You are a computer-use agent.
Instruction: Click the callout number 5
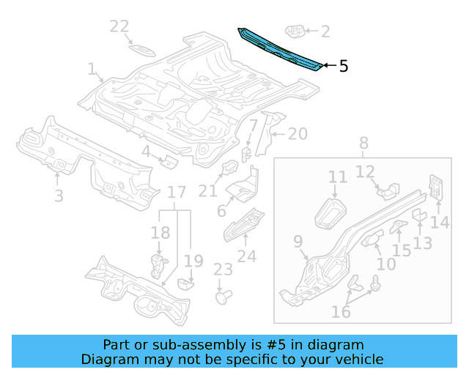343,67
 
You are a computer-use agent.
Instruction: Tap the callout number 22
119,27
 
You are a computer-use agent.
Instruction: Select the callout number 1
92,70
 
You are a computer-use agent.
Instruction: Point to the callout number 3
59,196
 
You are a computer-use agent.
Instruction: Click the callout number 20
298,134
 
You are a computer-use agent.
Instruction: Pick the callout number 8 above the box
363,144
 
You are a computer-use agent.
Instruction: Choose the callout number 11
337,177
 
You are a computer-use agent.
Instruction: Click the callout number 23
223,270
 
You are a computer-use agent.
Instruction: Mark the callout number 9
298,242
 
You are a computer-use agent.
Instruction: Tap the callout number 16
341,313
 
